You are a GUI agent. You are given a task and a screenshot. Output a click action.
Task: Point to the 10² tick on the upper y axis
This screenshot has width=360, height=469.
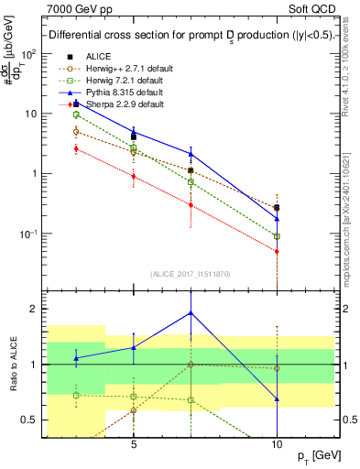(x=29, y=54)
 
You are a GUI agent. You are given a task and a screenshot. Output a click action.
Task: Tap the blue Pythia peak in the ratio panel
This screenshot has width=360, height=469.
(x=191, y=312)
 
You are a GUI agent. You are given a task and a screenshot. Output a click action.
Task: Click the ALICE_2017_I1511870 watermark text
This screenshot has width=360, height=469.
(x=191, y=274)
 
